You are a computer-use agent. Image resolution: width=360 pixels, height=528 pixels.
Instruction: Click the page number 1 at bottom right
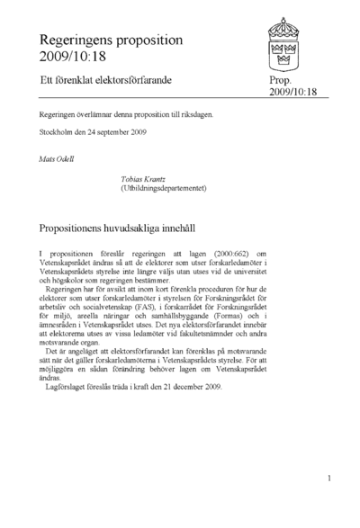click(x=330, y=479)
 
